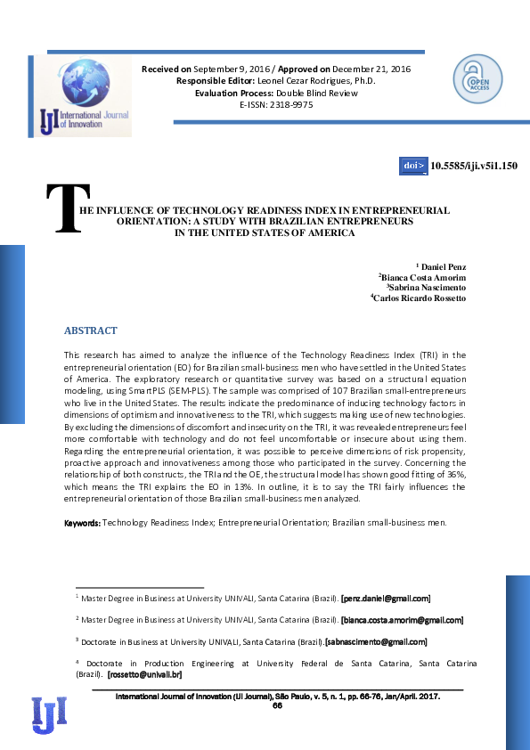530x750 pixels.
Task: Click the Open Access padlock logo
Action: [x=477, y=78]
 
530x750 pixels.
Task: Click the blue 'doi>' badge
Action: [x=414, y=166]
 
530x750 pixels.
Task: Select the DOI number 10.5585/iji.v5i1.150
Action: [x=474, y=166]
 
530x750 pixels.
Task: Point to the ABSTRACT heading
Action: [x=90, y=330]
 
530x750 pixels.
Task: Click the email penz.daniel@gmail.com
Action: [x=387, y=599]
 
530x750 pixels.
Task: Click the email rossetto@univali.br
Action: [x=145, y=673]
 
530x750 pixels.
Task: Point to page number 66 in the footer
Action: [x=277, y=705]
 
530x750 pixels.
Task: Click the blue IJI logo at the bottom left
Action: [x=49, y=713]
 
